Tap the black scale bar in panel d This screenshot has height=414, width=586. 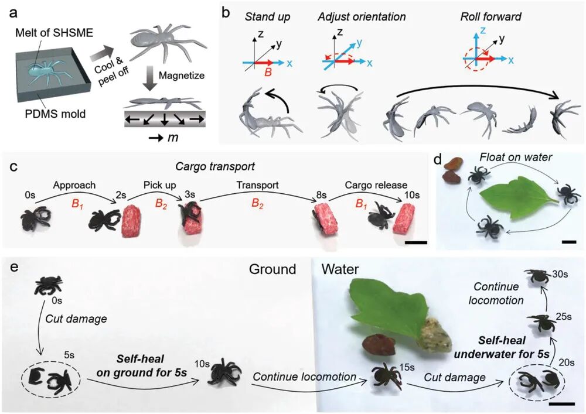point(569,241)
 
